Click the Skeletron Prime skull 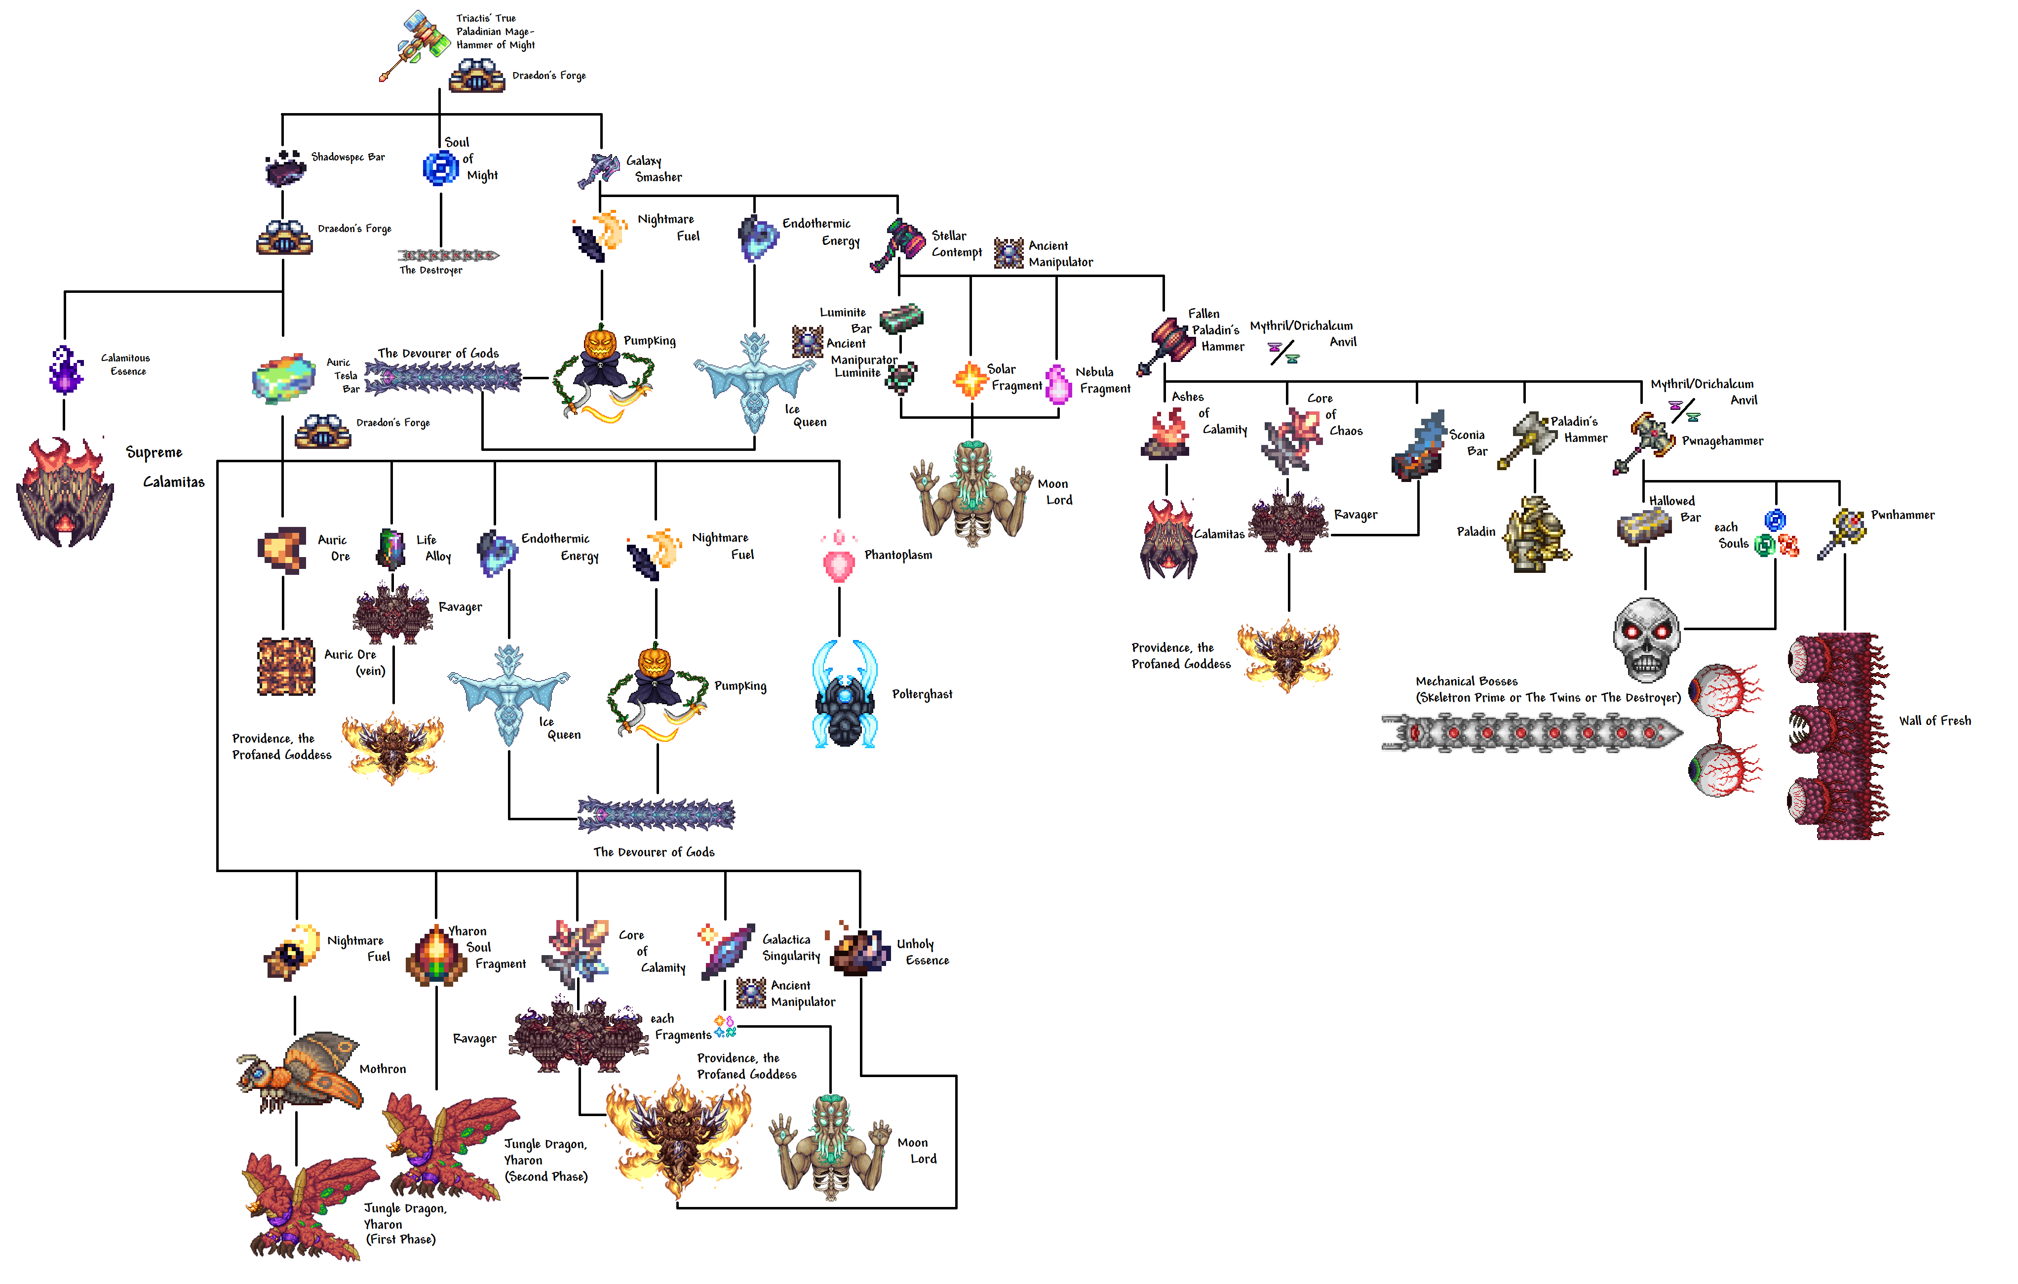click(x=1647, y=638)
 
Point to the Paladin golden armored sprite click(x=1536, y=534)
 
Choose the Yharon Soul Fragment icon click(x=436, y=956)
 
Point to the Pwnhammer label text click(x=1902, y=515)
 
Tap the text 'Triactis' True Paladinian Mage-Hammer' click(x=495, y=31)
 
